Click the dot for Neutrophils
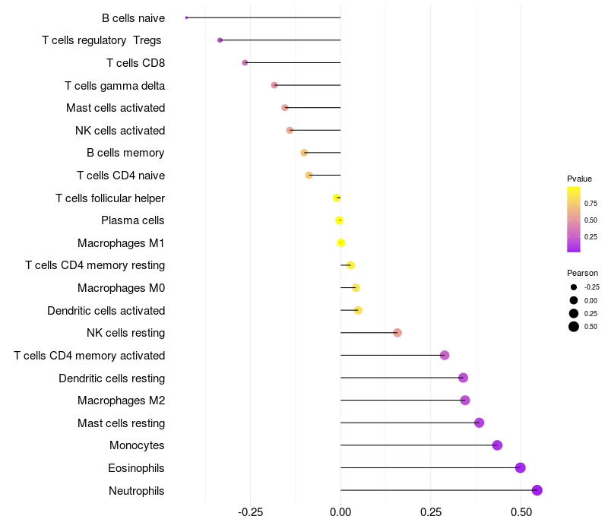tap(537, 490)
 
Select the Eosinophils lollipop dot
tap(521, 467)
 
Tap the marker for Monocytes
tap(497, 445)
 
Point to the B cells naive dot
tap(186, 17)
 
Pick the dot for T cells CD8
tap(245, 62)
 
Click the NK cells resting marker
tap(397, 333)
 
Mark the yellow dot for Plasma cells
tap(340, 220)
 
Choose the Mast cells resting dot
tap(479, 423)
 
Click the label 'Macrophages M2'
tap(121, 401)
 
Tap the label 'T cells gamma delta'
tap(115, 85)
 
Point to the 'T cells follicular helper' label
tap(110, 198)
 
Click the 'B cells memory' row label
tap(125, 153)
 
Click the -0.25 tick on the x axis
tap(251, 513)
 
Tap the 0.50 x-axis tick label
tap(521, 513)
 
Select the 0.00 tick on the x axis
tap(340, 513)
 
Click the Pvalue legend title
tap(579, 179)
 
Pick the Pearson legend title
tap(582, 273)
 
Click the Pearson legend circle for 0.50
tap(574, 327)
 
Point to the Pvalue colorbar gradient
tap(574, 219)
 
